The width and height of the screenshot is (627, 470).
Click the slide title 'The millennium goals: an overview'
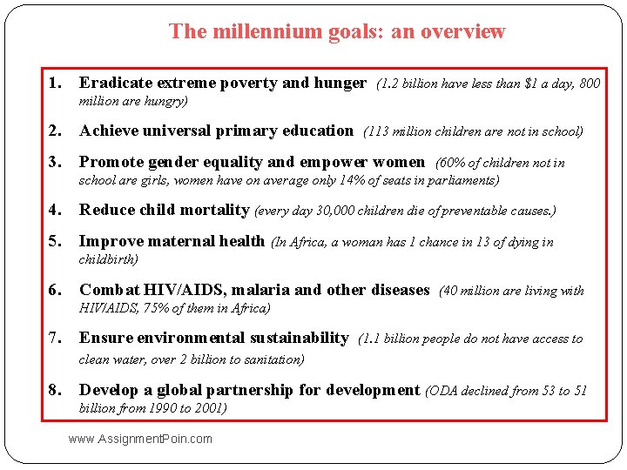[x=336, y=32]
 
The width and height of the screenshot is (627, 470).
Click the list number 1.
[x=55, y=84]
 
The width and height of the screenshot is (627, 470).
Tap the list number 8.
[x=55, y=391]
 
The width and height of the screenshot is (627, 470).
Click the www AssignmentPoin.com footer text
[x=140, y=439]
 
